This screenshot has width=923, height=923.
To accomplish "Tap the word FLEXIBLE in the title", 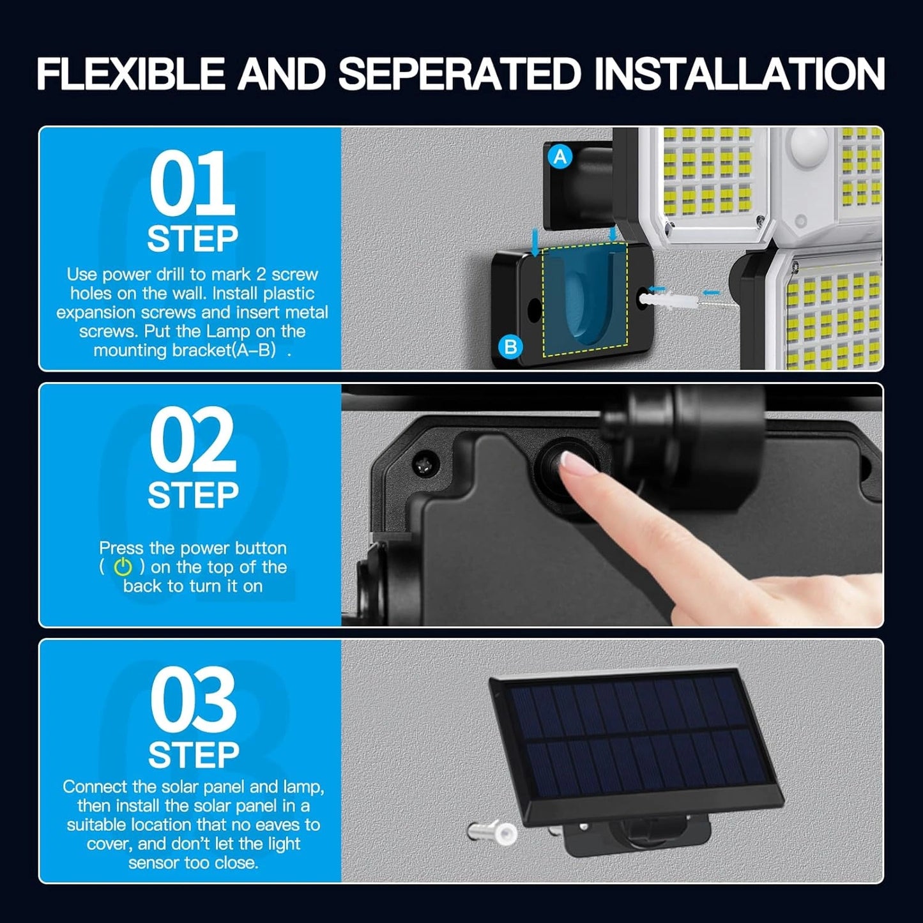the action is (131, 73).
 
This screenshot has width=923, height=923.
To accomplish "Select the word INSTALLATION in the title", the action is (739, 73).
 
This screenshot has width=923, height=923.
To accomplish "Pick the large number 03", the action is (193, 698).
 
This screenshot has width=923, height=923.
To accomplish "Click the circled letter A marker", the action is (560, 156).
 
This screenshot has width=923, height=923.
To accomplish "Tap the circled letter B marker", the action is (510, 346).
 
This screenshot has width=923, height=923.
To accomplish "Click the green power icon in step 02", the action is (123, 567).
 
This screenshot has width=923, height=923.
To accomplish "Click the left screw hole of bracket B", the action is (533, 310).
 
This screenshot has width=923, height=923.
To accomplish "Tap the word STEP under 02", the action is (193, 495).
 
